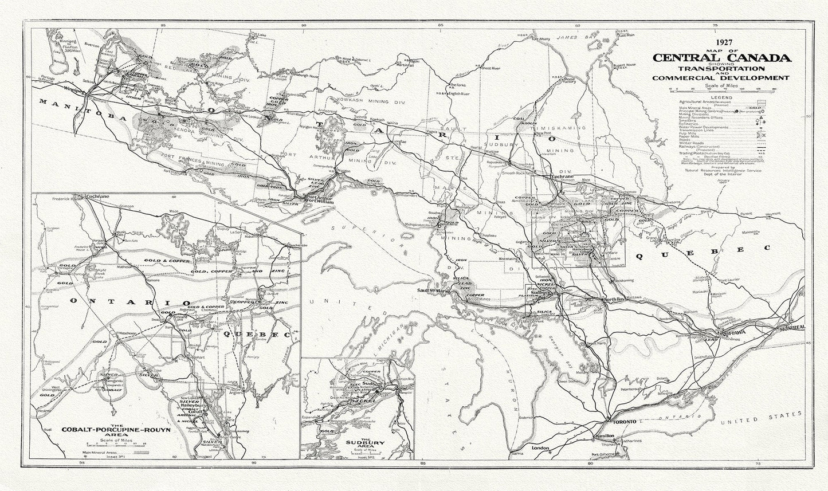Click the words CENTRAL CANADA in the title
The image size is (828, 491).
[x=720, y=57]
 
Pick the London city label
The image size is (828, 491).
[x=540, y=447]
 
